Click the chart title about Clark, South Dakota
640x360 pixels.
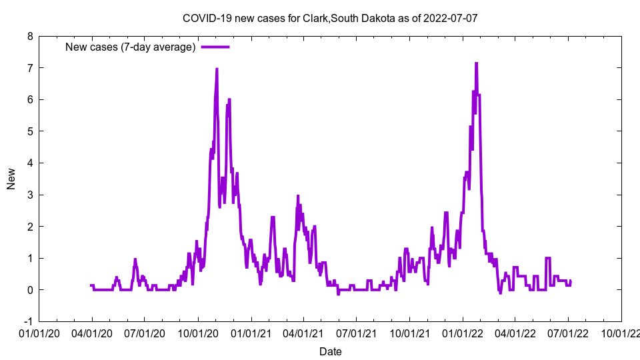click(330, 18)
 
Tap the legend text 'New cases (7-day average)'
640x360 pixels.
click(130, 47)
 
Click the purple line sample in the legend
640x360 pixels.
click(215, 47)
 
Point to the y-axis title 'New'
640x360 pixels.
click(11, 179)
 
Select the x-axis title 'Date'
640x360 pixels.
click(330, 351)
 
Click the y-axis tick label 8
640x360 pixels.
click(30, 37)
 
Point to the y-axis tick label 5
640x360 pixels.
click(30, 131)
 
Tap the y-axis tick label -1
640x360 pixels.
click(28, 321)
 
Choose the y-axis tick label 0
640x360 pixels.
click(30, 290)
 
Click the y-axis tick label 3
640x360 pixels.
click(30, 195)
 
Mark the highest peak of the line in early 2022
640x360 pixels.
click(476, 63)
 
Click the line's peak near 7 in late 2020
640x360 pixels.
click(217, 69)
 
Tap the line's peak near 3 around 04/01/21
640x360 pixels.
click(298, 196)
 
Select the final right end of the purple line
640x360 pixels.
click(571, 281)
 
